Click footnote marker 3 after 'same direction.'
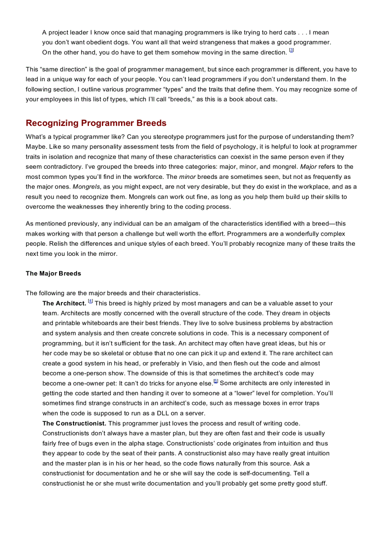[291, 50]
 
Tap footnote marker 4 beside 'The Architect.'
[90, 301]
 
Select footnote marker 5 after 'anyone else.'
[216, 381]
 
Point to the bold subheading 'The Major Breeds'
[53, 274]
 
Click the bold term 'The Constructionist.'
[74, 423]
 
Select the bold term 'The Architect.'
[64, 303]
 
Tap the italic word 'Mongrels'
[86, 187]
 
